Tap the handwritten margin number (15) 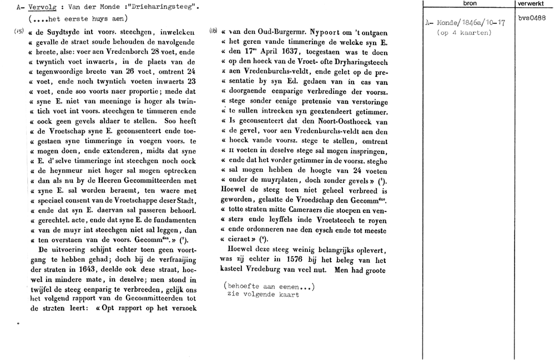pyautogui.click(x=18, y=31)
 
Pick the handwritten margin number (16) pyautogui.click(x=213, y=32)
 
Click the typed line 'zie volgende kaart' pyautogui.click(x=263, y=295)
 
